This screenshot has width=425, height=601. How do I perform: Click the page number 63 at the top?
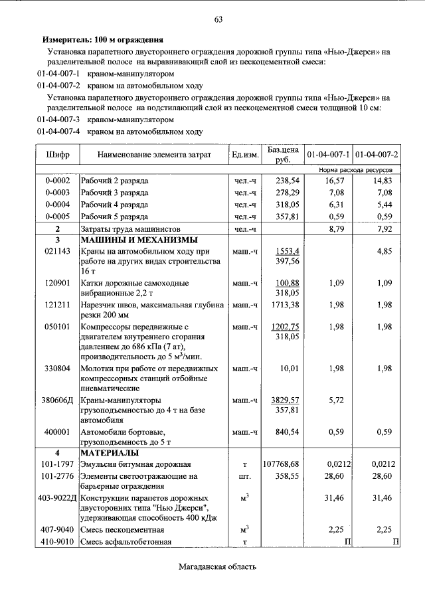coord(217,19)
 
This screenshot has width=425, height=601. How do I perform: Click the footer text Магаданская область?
coord(216,567)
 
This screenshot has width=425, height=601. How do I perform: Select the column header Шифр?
coord(58,155)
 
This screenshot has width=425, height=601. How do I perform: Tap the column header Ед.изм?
coord(245,155)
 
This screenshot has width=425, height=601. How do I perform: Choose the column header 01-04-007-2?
coord(377,155)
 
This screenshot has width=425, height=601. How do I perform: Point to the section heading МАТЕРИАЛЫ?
coord(110,453)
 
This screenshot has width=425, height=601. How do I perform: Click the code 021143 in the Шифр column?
coord(57,252)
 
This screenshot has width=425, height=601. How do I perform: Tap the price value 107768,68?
coord(281,464)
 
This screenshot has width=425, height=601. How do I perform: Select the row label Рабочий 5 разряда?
coord(114,216)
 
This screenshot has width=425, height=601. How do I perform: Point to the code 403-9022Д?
coord(58,497)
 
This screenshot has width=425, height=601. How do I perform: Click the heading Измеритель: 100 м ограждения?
coord(103,40)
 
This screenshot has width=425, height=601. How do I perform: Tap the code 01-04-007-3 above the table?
coord(58,120)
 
